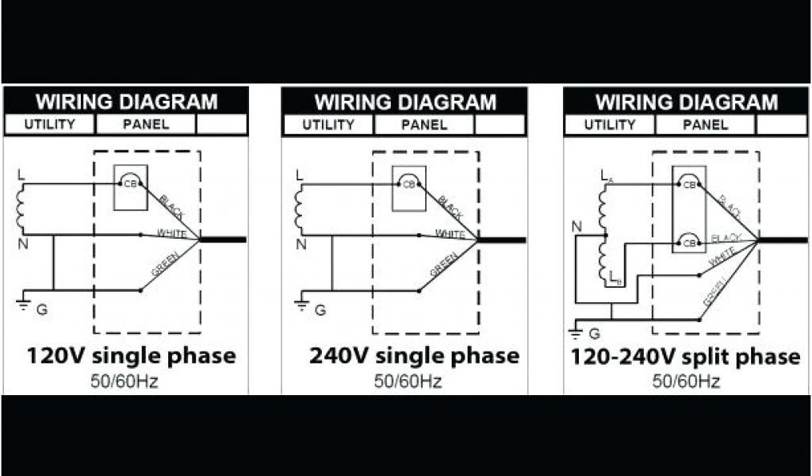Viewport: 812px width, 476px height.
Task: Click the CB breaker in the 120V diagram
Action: tap(130, 183)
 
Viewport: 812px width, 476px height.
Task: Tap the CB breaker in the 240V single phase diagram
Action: tap(409, 183)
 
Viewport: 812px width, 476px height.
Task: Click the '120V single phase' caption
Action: tap(132, 355)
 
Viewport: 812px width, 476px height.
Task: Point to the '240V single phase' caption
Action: tap(414, 355)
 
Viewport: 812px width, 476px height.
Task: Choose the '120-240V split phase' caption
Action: tap(685, 356)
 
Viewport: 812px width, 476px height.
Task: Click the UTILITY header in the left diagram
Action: tap(49, 125)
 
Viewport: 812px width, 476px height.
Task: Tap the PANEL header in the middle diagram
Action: tap(423, 125)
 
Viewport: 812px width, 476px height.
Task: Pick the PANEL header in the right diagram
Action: tap(705, 125)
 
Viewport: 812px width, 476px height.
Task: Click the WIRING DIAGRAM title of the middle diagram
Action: tap(405, 102)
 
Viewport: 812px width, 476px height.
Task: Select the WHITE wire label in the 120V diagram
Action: tap(171, 233)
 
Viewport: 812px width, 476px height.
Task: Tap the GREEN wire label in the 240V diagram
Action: tap(443, 264)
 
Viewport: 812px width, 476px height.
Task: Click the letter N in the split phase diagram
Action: tap(576, 228)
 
